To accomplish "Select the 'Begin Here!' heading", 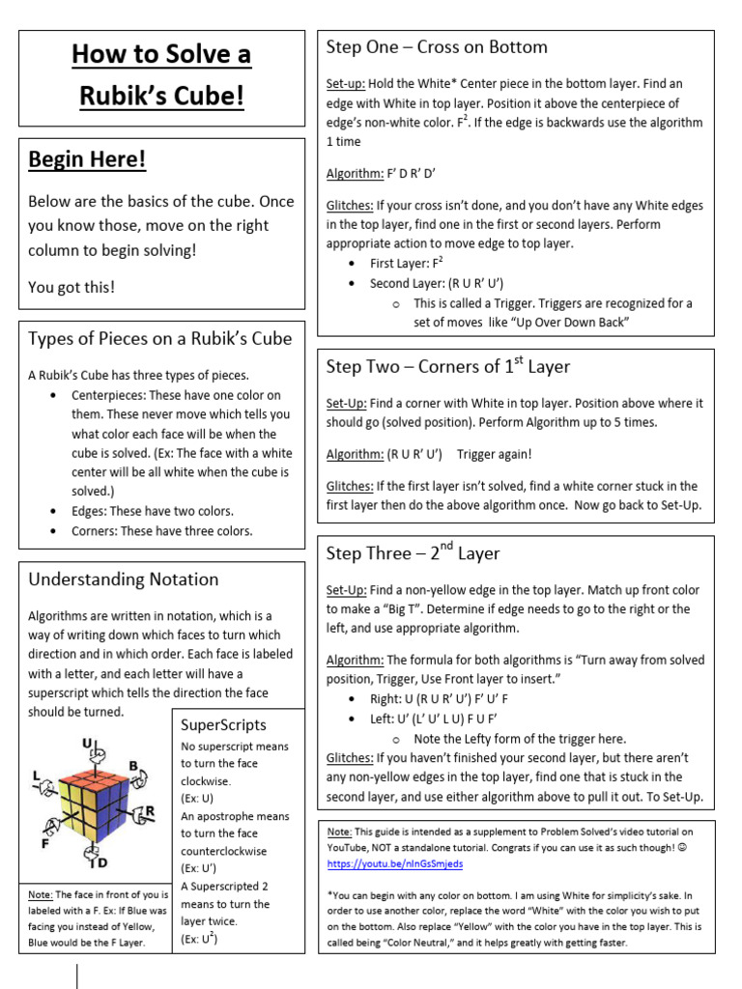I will coord(87,159).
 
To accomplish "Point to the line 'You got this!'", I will coord(71,287).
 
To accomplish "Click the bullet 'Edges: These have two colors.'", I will coord(153,511).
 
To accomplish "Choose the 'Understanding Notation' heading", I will coord(124,579).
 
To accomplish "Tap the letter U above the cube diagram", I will coord(87,743).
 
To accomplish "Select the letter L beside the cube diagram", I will coord(37,776).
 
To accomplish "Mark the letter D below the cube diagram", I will coord(101,862).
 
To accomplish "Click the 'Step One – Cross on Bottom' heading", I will coord(437,47).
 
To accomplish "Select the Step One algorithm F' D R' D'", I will coord(411,174).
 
